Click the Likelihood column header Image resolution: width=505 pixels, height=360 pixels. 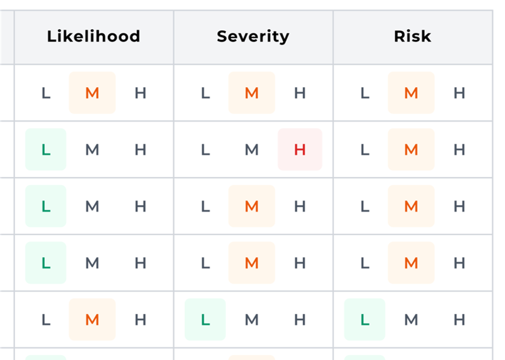coord(93,37)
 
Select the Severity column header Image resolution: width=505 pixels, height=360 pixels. coord(252,37)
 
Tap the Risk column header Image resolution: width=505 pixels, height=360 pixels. coord(412,37)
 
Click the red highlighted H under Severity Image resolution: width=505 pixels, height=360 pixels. coord(300,150)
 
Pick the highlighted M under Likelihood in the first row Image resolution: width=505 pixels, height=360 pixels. coord(92,93)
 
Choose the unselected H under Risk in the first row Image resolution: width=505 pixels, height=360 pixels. coord(460,93)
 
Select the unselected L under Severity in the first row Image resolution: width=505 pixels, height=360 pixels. coord(205,93)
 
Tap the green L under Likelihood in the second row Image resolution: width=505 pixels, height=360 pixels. coord(45,150)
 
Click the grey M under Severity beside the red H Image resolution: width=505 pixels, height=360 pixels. coord(252,150)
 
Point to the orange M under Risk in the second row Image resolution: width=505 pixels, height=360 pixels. coord(411,150)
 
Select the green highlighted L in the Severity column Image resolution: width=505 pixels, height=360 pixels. coord(205,320)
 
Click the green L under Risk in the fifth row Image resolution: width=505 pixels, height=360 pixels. coord(364,320)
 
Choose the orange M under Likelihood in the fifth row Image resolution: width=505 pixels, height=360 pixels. coord(92,320)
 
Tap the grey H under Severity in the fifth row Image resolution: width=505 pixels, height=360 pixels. coord(300,320)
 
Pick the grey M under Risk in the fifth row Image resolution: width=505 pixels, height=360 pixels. coord(411,320)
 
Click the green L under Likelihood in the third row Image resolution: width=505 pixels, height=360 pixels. coord(45,206)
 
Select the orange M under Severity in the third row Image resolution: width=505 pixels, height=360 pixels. coord(252,206)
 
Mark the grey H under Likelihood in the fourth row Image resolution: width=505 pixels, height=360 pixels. coord(140,263)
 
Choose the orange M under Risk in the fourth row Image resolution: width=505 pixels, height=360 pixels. coord(411,263)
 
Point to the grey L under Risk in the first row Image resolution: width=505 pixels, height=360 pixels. coord(364,93)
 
